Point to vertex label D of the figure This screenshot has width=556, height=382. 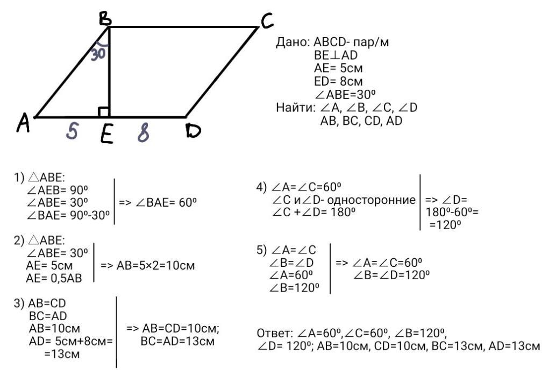click(193, 131)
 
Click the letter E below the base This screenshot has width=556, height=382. click(106, 135)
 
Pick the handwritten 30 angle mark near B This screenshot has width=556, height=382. click(98, 54)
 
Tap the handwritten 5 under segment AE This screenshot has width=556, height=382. click(72, 131)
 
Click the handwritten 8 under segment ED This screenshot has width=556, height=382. click(143, 133)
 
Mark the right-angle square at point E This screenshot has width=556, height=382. click(104, 112)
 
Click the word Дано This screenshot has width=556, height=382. click(292, 42)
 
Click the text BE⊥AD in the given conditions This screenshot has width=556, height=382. click(336, 55)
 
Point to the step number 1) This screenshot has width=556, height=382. click(19, 178)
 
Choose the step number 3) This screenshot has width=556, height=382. click(19, 303)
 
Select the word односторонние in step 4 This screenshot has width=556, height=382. click(371, 200)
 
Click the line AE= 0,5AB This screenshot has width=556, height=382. click(54, 279)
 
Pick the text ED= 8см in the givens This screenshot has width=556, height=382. click(338, 82)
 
